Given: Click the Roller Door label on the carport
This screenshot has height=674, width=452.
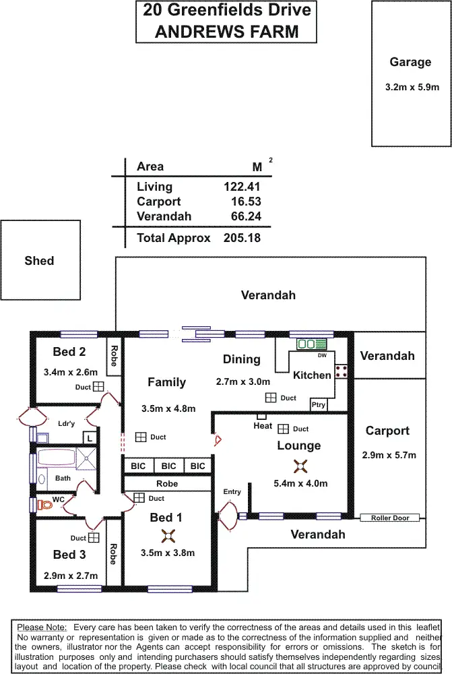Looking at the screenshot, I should tap(390, 518).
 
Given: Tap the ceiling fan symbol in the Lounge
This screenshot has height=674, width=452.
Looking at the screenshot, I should tap(299, 466).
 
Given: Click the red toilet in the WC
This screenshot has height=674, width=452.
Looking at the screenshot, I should tap(45, 504).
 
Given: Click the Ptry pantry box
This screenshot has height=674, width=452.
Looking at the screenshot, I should tap(318, 404).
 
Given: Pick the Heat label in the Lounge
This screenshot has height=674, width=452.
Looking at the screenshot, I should tap(263, 425).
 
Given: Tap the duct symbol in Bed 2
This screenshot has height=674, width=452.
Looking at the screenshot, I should tap(98, 386).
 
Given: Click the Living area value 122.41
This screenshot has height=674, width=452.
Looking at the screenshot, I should tap(242, 187).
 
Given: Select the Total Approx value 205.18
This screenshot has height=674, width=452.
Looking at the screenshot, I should tap(242, 238).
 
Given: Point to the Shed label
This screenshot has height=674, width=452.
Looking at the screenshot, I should tap(39, 261).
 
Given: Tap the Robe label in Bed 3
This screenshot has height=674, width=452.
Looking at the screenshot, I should tap(114, 553).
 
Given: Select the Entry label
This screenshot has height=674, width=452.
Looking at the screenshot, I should tap(232, 492).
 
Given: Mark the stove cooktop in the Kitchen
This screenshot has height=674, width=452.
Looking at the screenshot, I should tap(341, 370).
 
